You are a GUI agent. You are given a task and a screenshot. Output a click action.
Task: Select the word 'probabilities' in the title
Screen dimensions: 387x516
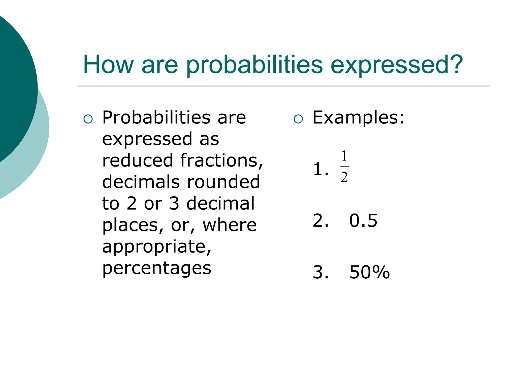pos(254,65)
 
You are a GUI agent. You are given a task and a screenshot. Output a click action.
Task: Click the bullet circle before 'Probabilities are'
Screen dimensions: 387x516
pos(88,119)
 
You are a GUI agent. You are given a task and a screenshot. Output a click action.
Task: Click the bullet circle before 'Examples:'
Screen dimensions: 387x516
pos(298,119)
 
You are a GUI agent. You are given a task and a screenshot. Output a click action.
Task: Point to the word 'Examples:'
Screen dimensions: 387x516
pos(358,117)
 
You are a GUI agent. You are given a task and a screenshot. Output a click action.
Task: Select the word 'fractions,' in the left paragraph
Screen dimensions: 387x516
pos(221,161)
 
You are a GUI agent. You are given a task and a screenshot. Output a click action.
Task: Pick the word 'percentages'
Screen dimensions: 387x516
pos(156,269)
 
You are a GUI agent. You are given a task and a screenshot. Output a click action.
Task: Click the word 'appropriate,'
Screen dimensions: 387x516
pos(156,247)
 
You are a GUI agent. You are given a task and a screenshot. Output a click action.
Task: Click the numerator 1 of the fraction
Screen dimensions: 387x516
pos(344,156)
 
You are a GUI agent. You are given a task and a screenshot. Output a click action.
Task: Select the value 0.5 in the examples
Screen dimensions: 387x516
pos(363,220)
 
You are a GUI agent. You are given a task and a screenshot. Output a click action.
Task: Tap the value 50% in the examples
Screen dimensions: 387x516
pos(369,272)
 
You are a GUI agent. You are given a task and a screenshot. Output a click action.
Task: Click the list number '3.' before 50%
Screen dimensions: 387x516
pos(320,272)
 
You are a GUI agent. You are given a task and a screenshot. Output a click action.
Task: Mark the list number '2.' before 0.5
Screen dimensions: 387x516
pos(320,220)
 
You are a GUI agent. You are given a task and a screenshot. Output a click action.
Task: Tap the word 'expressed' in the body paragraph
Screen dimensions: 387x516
pos(147,139)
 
